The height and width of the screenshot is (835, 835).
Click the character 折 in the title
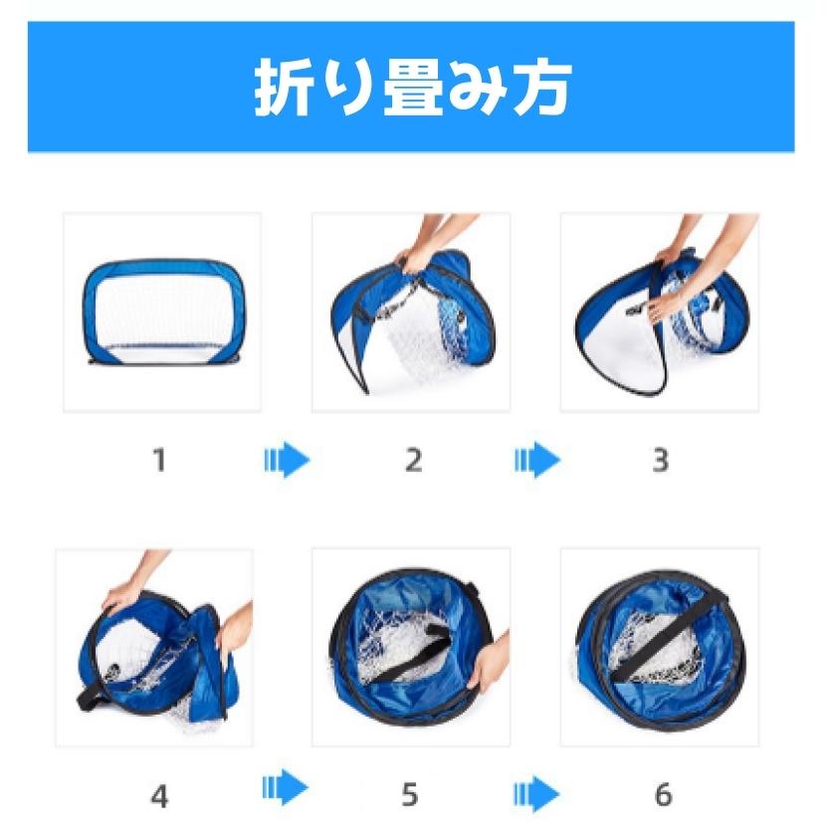[283, 89]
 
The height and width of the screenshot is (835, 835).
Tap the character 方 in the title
[541, 89]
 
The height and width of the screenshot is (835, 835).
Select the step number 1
[158, 460]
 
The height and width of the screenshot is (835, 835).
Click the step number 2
[413, 460]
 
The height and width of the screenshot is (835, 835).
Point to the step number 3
[660, 460]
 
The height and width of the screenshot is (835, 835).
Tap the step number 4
[158, 795]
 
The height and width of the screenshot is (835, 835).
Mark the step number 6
[662, 795]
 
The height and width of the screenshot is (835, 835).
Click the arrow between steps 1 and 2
[287, 461]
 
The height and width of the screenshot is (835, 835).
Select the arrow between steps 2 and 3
[536, 461]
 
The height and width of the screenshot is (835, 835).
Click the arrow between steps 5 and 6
[536, 793]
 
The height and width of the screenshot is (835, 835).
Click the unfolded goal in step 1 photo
[162, 312]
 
